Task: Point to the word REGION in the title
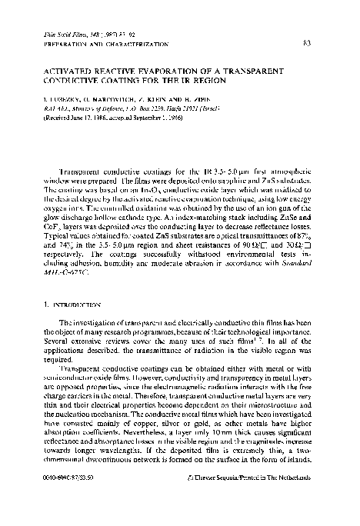click(211, 77)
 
